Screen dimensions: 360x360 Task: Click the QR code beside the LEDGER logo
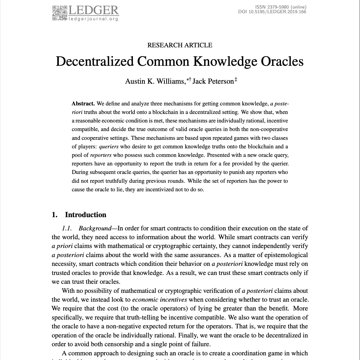tap(59, 13)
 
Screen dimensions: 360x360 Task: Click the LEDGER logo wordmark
tap(93, 11)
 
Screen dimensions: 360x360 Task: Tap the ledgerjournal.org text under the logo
tap(93, 19)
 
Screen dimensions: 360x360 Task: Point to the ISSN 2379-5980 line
tap(280, 7)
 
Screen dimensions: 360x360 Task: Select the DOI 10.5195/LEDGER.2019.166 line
tap(272, 12)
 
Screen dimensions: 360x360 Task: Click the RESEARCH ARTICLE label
tap(180, 45)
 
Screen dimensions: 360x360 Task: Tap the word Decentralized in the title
tap(95, 61)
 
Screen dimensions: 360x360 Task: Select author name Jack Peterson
tap(213, 81)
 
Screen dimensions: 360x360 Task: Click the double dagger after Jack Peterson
tap(236, 80)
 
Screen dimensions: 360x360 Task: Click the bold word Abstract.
tap(83, 104)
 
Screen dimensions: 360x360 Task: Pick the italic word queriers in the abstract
tap(108, 147)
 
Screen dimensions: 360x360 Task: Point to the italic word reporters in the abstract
tap(100, 155)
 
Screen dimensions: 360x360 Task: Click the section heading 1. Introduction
tap(79, 215)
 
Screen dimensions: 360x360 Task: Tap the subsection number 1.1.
tap(67, 228)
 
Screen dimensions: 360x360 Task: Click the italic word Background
tap(95, 228)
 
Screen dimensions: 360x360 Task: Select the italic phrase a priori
tap(62, 246)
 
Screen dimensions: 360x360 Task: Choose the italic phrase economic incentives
tap(160, 300)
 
